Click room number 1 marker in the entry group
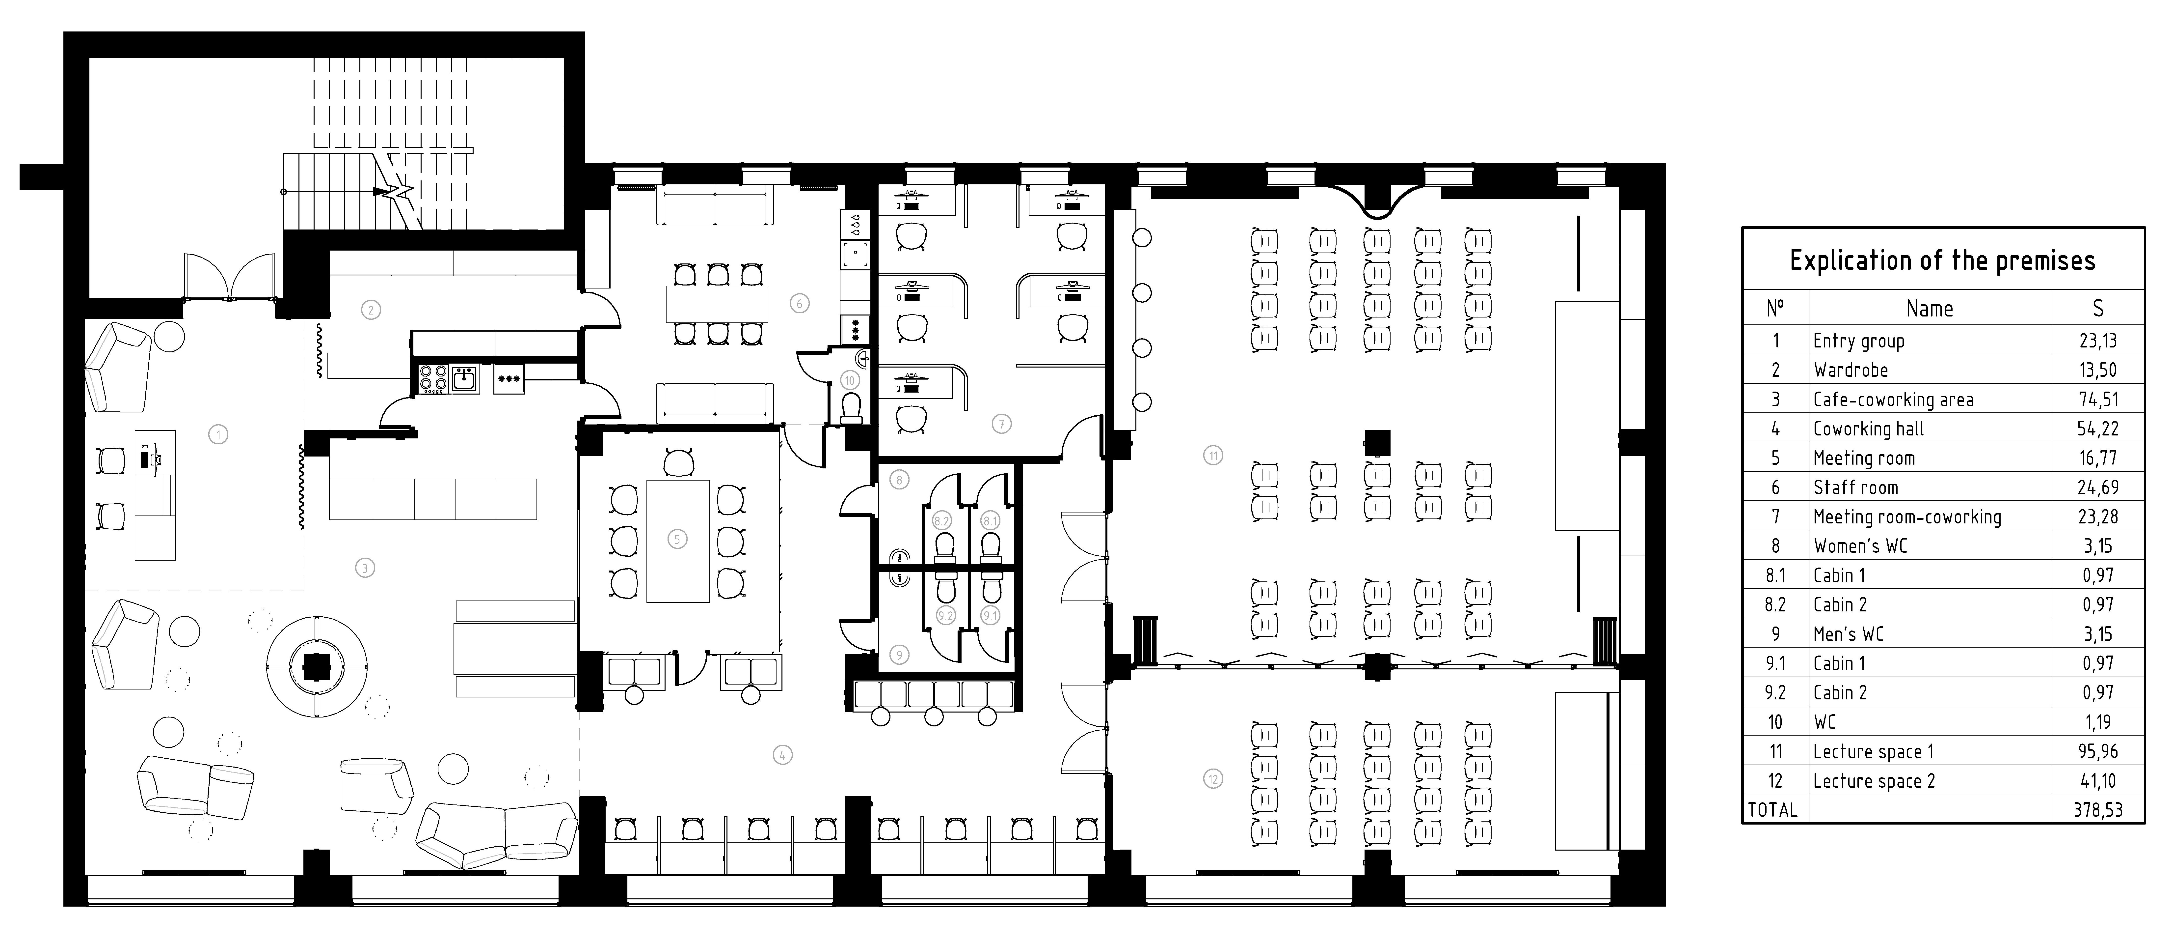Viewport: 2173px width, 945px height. tap(218, 434)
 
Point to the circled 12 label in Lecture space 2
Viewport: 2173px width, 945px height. tap(1213, 779)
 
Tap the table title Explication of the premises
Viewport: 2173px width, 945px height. tap(1942, 260)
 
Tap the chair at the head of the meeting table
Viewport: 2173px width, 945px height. tap(677, 462)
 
